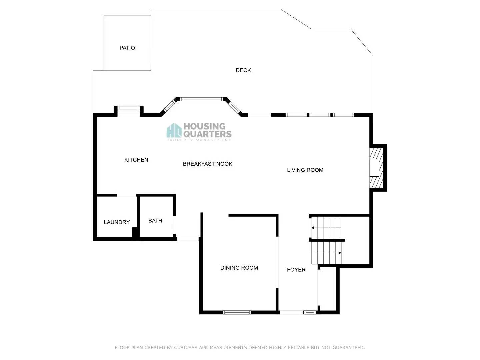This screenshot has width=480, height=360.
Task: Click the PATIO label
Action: click(x=127, y=48)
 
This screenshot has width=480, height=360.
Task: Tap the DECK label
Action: click(x=243, y=70)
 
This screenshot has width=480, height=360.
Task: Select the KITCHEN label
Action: click(x=136, y=160)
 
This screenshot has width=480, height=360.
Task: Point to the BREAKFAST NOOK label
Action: click(x=207, y=164)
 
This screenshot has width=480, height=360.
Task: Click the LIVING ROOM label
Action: click(x=305, y=170)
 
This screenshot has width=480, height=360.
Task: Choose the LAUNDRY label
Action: click(x=117, y=222)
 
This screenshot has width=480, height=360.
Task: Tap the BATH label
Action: click(x=155, y=221)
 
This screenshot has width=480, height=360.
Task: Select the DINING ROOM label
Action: click(x=239, y=268)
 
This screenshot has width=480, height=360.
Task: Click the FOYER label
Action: click(x=296, y=270)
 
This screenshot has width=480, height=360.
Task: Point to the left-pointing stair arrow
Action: click(x=313, y=228)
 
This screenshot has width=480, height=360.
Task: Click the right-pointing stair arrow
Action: click(x=340, y=253)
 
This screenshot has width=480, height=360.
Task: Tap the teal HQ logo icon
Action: click(x=174, y=130)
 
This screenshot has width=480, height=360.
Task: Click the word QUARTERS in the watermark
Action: click(x=207, y=134)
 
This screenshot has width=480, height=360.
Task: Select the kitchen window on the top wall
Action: click(x=128, y=108)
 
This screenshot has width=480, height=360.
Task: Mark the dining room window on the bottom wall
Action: click(x=237, y=312)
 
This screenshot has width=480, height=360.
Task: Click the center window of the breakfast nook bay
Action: click(x=201, y=99)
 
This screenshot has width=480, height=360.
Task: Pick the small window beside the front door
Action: click(x=310, y=312)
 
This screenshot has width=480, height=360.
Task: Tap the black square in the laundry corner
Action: click(x=135, y=232)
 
